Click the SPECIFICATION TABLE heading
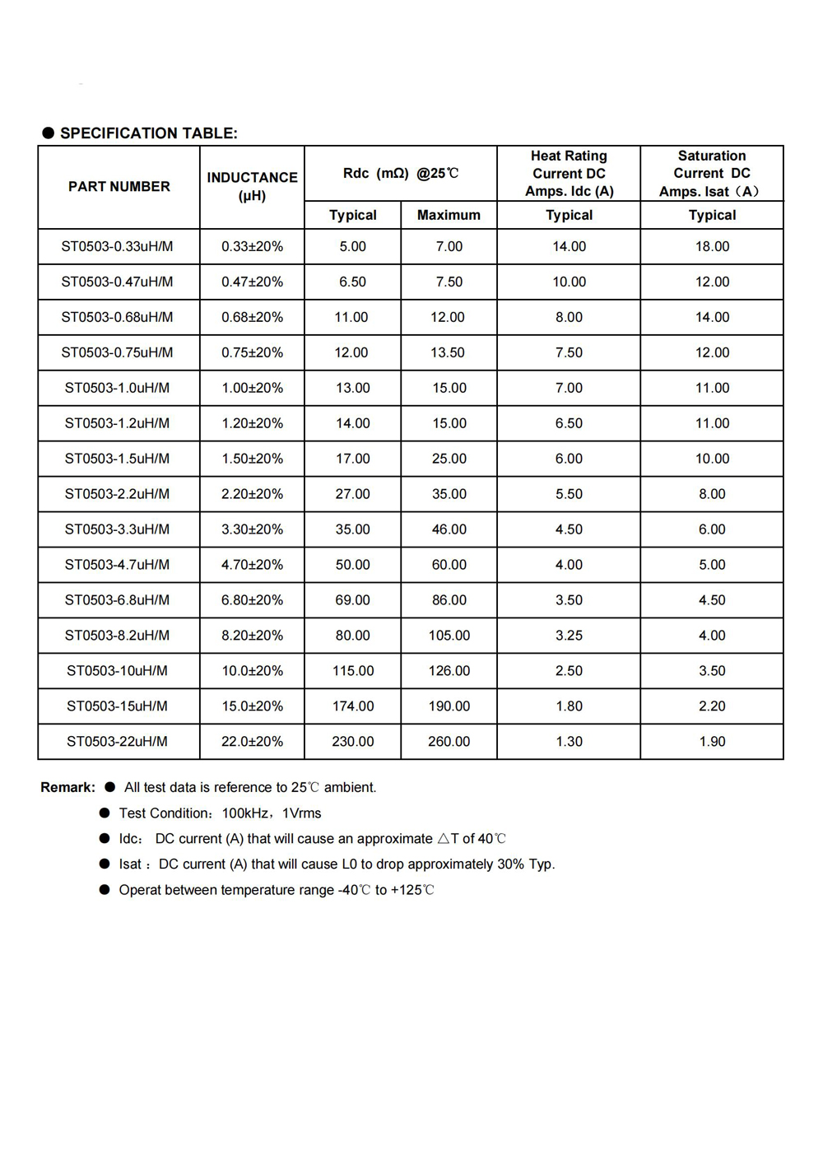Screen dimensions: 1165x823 [x=148, y=133]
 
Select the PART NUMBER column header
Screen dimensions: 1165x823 [x=119, y=187]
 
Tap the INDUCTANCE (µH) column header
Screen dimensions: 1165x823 [x=252, y=186]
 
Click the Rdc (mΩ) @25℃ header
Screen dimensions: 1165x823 [x=401, y=174]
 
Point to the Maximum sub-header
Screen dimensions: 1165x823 [x=449, y=215]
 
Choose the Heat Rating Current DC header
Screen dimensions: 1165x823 [x=569, y=173]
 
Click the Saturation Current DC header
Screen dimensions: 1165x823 [x=712, y=173]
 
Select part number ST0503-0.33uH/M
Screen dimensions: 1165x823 [x=118, y=246]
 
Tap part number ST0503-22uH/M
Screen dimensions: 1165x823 [x=118, y=742]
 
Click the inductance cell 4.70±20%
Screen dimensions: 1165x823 [x=252, y=565]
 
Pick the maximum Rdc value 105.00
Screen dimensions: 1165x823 [x=449, y=636]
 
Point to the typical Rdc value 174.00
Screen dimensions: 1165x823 [x=353, y=706]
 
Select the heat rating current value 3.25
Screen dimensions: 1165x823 [x=569, y=636]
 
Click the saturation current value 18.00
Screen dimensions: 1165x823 [x=712, y=246]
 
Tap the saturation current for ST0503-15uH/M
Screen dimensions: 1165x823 [x=712, y=706]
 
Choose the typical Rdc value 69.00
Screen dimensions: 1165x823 [x=353, y=600]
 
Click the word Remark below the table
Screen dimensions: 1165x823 [x=67, y=788]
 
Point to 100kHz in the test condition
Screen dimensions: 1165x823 [x=245, y=813]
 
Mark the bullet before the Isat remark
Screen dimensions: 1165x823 [x=105, y=864]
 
